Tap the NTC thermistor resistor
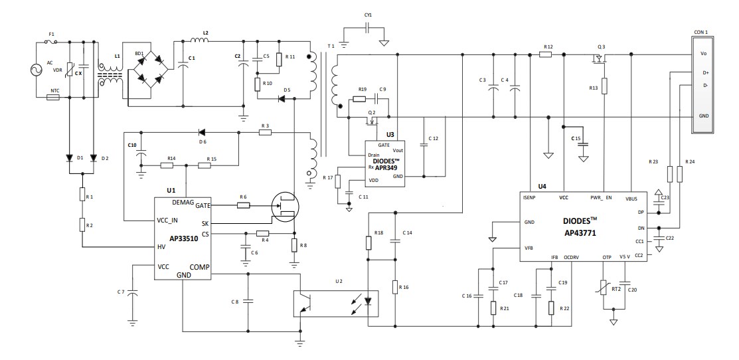[x=53, y=98]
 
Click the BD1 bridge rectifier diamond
[x=150, y=70]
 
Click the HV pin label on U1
[x=162, y=247]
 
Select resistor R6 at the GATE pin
[x=244, y=206]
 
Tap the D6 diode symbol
[x=202, y=133]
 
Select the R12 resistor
[x=546, y=55]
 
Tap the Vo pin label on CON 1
[x=703, y=54]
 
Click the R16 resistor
[x=395, y=287]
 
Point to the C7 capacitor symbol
[x=132, y=292]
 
